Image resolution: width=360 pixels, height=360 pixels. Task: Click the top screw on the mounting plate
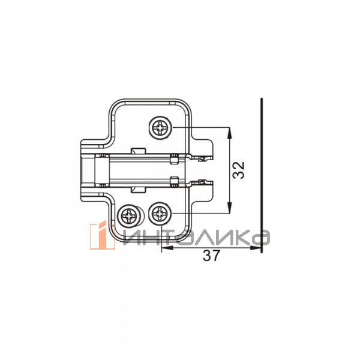click(x=160, y=128)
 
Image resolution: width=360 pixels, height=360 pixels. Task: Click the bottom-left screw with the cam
click(x=129, y=216)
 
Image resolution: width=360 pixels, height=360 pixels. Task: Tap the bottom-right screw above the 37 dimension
click(x=160, y=214)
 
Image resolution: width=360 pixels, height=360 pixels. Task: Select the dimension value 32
click(x=238, y=170)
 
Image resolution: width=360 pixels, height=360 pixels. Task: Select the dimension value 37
click(x=211, y=256)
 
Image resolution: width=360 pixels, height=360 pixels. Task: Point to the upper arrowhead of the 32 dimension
click(x=229, y=133)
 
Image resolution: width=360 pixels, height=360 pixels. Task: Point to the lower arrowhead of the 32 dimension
click(x=229, y=208)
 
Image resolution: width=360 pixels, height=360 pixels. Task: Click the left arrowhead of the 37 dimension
click(x=167, y=248)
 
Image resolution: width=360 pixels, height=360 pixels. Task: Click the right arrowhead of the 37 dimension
click(x=256, y=248)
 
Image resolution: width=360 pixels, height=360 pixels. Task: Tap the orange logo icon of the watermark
click(x=102, y=235)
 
